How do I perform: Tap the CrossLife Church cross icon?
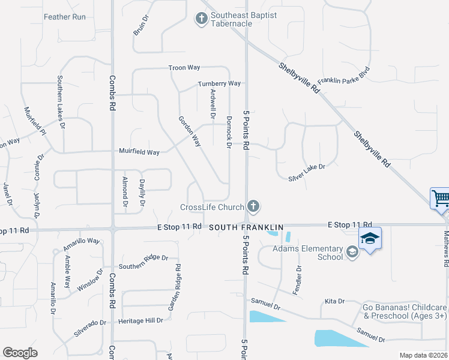click(x=253, y=207)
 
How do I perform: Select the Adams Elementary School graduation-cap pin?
click(x=370, y=238)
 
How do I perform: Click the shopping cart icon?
click(x=441, y=197)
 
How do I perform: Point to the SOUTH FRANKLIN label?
click(x=237, y=227)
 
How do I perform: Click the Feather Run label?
click(x=65, y=17)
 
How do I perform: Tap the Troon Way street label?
click(x=184, y=68)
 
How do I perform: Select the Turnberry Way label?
click(x=219, y=83)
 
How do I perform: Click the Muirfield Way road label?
click(x=139, y=152)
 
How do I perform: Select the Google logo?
click(x=20, y=353)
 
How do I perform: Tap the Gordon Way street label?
click(x=189, y=131)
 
